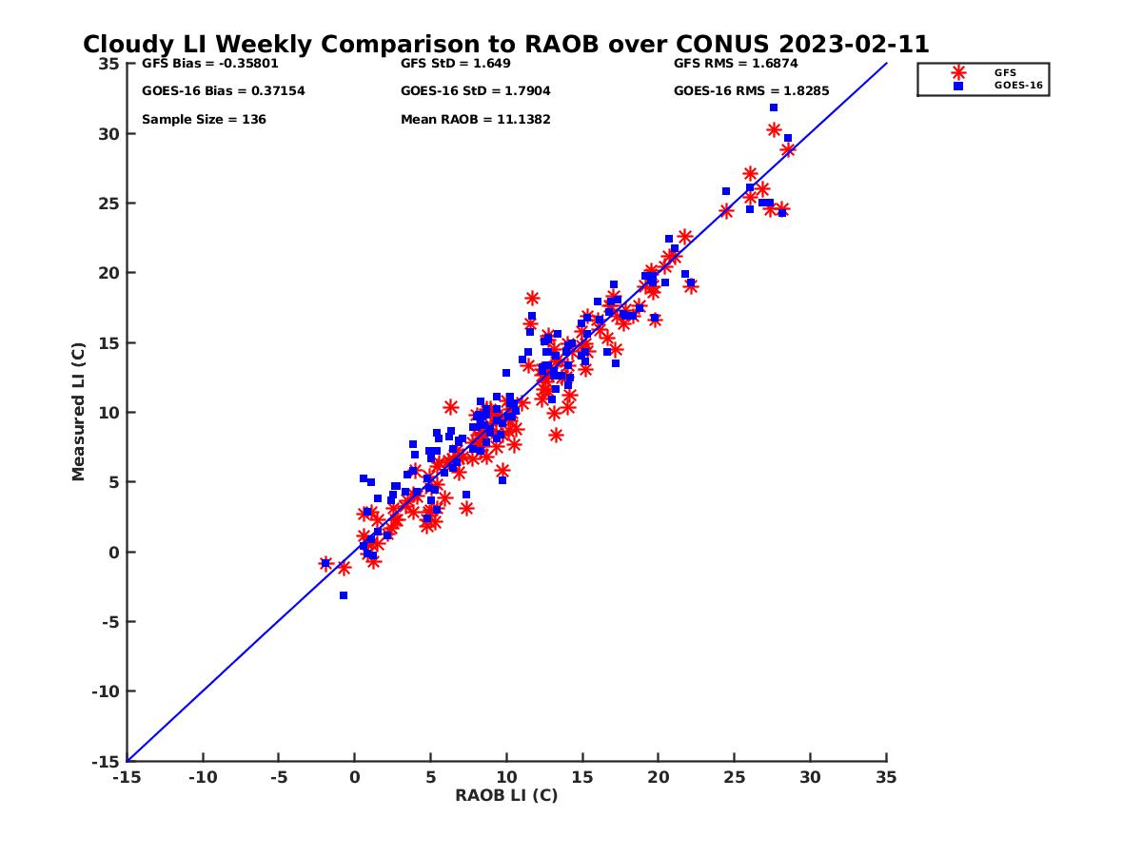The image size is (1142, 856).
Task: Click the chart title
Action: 505,45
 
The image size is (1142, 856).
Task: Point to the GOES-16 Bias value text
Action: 223,91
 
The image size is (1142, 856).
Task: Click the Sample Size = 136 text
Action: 204,120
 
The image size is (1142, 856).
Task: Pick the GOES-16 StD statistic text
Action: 476,91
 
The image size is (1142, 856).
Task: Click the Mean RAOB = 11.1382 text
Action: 476,120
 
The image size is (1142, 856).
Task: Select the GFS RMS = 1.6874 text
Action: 736,64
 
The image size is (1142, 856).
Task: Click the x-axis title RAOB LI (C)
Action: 506,795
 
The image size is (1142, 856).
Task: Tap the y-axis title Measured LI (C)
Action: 78,412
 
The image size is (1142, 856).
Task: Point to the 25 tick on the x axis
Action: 735,777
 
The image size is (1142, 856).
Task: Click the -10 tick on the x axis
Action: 202,777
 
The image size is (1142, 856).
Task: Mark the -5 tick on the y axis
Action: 108,622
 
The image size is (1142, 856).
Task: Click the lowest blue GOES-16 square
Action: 344,595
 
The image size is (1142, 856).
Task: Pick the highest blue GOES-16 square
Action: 774,107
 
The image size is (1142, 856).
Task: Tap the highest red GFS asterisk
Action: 775,130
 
